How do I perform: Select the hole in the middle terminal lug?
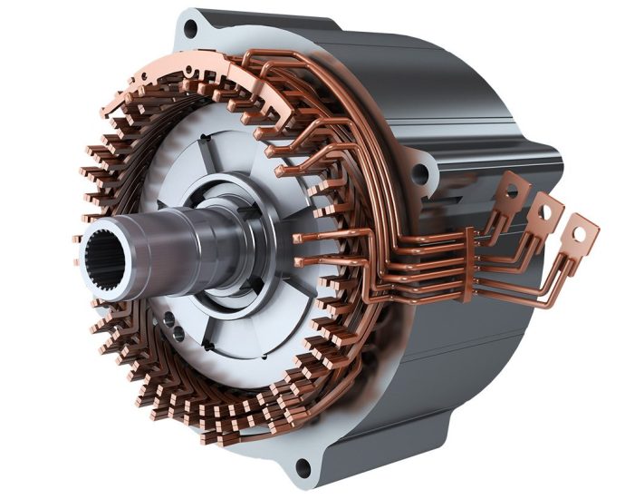[x=547, y=210]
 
